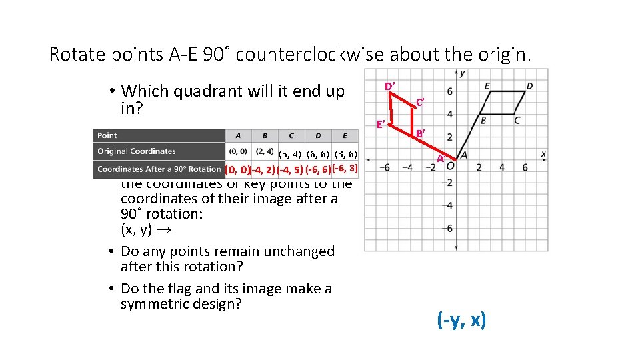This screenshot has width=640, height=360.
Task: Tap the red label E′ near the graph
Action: (x=380, y=125)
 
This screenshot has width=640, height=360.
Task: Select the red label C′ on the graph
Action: (x=420, y=102)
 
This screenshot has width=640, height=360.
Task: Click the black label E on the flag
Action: (x=487, y=86)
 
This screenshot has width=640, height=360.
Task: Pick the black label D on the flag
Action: (x=529, y=86)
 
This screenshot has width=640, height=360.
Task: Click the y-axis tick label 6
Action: (x=449, y=91)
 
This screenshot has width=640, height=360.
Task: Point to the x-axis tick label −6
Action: (x=385, y=167)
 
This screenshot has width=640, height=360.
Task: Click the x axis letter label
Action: (x=543, y=154)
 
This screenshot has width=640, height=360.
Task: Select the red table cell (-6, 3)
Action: (x=345, y=168)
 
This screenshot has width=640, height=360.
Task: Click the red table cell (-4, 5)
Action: (x=289, y=169)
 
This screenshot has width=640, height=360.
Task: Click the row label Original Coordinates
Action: (x=136, y=151)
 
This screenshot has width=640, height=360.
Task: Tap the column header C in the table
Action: (x=291, y=135)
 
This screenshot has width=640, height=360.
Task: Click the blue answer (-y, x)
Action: (x=461, y=321)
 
